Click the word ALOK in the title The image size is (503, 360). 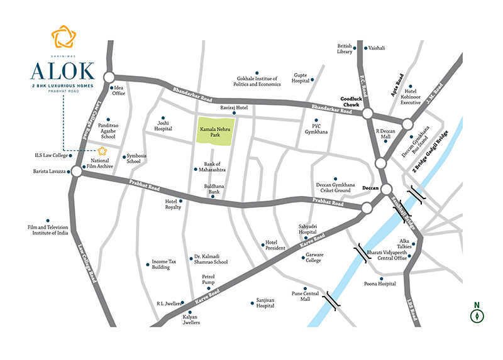63,70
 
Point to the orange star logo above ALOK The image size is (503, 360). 63,36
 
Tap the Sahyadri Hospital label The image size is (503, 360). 307,229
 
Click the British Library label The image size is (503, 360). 345,49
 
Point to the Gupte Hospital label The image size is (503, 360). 301,79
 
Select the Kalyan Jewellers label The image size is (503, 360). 191,320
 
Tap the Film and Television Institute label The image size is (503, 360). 47,229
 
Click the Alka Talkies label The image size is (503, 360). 406,244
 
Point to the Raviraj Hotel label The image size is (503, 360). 234,107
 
